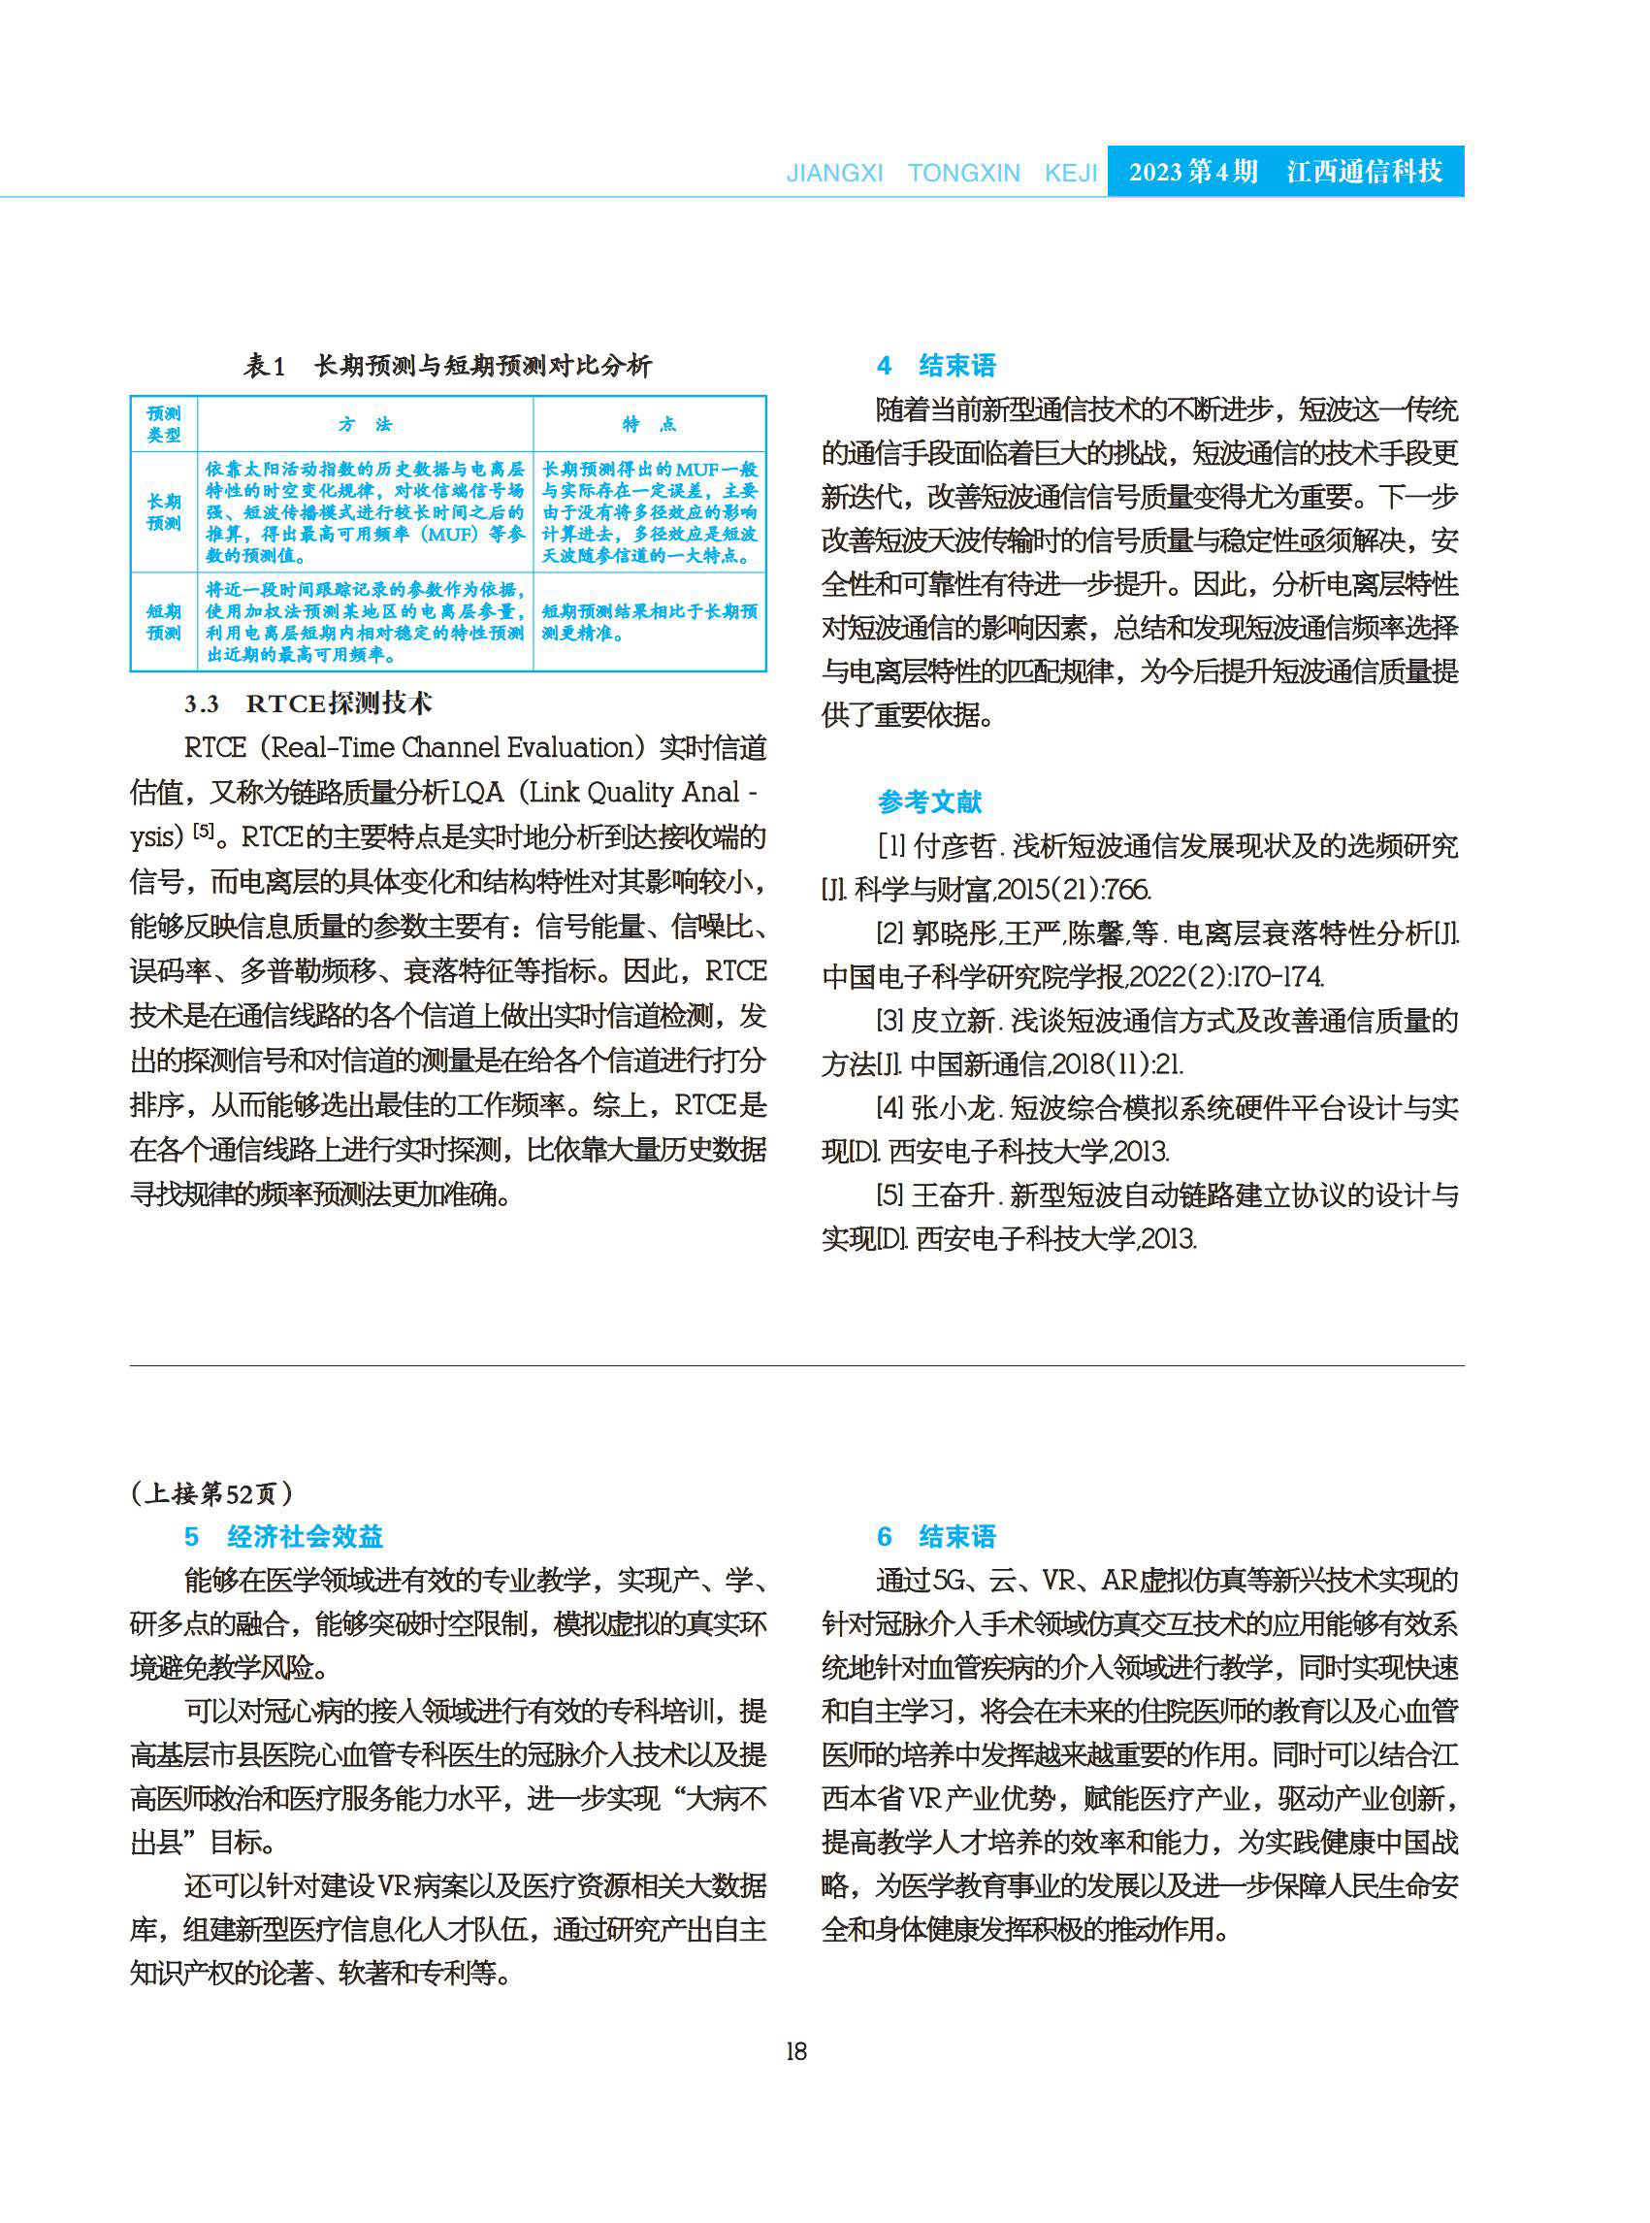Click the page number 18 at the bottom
[x=796, y=2051]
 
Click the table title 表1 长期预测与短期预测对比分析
[x=447, y=366]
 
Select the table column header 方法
[x=365, y=425]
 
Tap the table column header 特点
[x=649, y=425]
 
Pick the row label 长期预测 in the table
[x=164, y=511]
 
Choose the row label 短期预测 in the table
[x=164, y=621]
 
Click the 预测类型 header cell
[x=164, y=425]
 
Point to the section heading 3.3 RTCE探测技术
[x=307, y=703]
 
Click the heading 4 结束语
[x=936, y=366]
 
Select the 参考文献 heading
[x=929, y=801]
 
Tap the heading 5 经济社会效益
[x=283, y=1536]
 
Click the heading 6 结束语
[x=936, y=1536]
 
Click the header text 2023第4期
[x=1192, y=172]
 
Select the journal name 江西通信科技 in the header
[x=1365, y=172]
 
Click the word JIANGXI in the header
[x=835, y=174]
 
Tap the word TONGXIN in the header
[x=964, y=174]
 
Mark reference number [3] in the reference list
[x=890, y=1020]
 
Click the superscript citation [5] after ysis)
[x=204, y=831]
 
